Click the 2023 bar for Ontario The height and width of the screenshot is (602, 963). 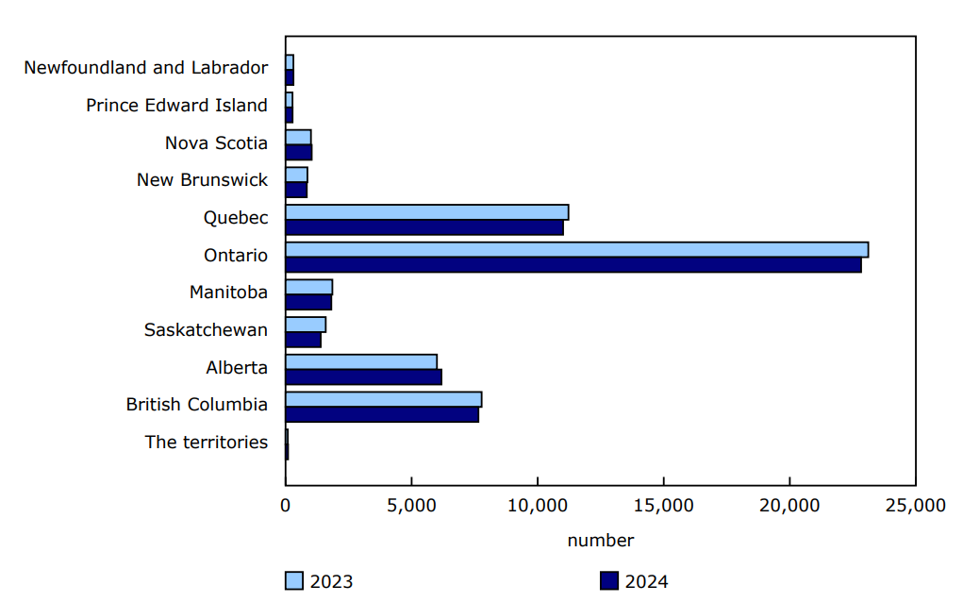[576, 249]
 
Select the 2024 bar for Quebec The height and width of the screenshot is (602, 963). [424, 227]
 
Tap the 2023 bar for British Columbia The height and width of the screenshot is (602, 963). [383, 399]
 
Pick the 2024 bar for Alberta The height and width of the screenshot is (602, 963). [363, 377]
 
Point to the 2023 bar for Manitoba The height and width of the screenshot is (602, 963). [308, 287]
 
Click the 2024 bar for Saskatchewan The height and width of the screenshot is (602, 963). [303, 340]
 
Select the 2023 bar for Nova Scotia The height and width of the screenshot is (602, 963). [298, 137]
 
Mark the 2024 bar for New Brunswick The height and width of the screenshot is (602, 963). [296, 191]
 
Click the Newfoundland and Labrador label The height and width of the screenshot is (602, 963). [145, 68]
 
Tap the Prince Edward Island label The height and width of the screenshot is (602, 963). [176, 106]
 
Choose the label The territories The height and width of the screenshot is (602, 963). [206, 443]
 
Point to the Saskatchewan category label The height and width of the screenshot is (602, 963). [206, 330]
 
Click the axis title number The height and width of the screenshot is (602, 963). [600, 541]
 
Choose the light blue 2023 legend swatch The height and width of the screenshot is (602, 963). [294, 581]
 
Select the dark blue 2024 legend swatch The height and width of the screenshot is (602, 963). [608, 581]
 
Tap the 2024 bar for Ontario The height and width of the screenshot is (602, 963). [573, 265]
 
